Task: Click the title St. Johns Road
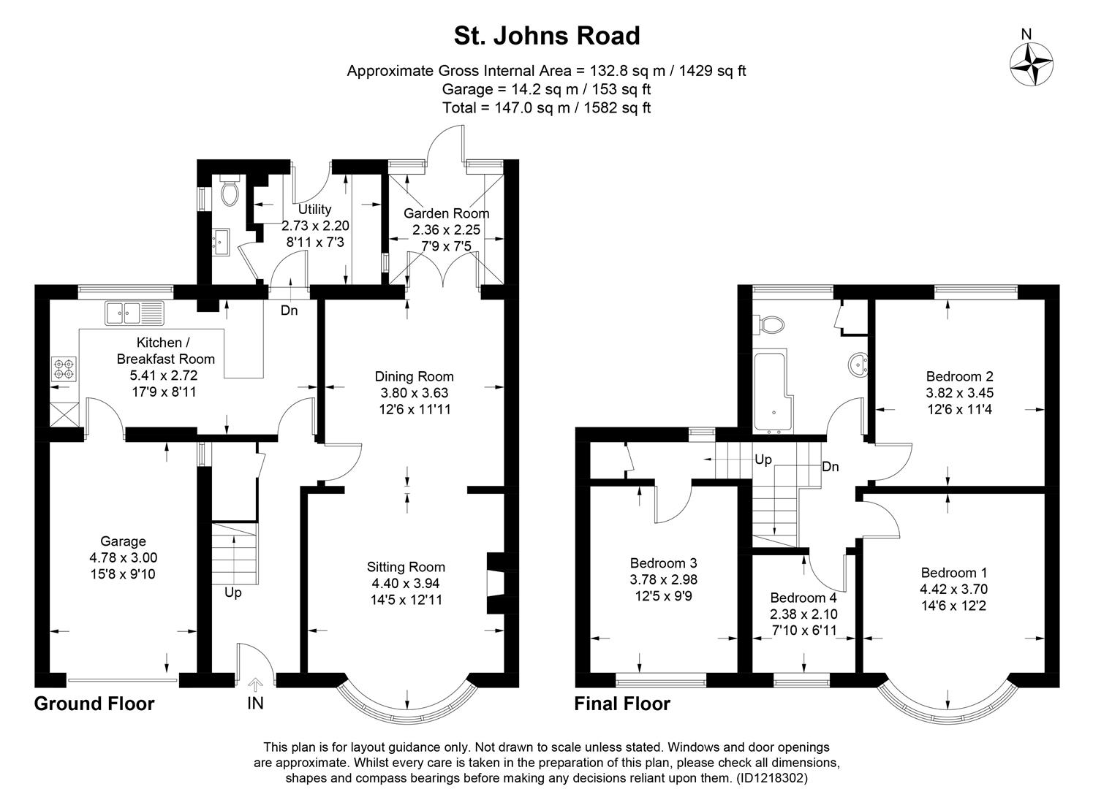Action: [546, 36]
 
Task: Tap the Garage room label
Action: [123, 541]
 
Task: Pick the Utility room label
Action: [314, 210]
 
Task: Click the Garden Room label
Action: [446, 213]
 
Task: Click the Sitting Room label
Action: [406, 567]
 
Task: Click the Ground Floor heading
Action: [94, 704]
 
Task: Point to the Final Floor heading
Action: [622, 704]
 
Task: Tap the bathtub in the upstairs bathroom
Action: [771, 392]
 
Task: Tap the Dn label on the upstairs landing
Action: [831, 467]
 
